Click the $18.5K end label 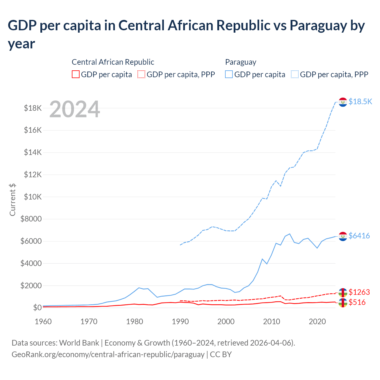coord(360,102)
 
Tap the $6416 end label coord(359,236)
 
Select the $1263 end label coord(359,292)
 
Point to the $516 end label coord(357,302)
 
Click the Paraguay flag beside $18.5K coord(343,102)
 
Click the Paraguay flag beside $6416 coord(343,236)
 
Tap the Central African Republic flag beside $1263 coord(343,292)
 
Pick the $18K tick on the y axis coord(33,108)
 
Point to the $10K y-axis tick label coord(33,197)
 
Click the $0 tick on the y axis coord(37,308)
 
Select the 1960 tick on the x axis coord(43,322)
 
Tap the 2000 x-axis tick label coord(226,322)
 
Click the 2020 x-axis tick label coord(317,322)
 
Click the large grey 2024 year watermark coord(75,109)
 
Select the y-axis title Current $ coord(12,199)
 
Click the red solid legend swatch coord(76,74)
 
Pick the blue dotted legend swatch coord(295,74)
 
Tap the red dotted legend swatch coord(141,74)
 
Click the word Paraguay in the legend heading coord(240,62)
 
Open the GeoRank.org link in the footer coord(108,354)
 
